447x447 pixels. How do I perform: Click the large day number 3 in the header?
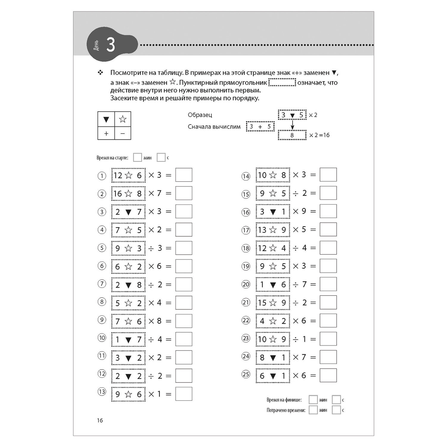pos(111,45)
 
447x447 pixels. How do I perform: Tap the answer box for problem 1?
pos(184,175)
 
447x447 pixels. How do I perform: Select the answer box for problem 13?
pos(184,394)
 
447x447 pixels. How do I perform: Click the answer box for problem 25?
pos(328,375)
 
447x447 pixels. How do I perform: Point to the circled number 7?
pos(102,284)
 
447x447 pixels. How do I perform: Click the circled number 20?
pos(246,284)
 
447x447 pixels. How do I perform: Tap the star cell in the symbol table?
pos(122,119)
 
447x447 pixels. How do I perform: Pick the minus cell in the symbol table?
pos(122,133)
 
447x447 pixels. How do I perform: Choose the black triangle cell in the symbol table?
pos(106,119)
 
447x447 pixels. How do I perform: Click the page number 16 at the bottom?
pos(100,420)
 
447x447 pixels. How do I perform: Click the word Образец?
pos(200,115)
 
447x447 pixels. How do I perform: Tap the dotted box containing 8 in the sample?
pos(292,135)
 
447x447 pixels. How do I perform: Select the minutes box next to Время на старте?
pos(137,157)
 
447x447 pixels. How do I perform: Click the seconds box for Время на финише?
pos(336,400)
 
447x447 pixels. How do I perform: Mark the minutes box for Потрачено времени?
pos(313,410)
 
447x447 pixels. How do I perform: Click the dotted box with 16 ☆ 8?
pos(128,193)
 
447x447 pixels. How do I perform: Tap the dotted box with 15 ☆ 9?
pos(273,303)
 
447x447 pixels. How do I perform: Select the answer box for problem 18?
pos(328,248)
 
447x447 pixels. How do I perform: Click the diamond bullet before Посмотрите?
pos(100,72)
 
